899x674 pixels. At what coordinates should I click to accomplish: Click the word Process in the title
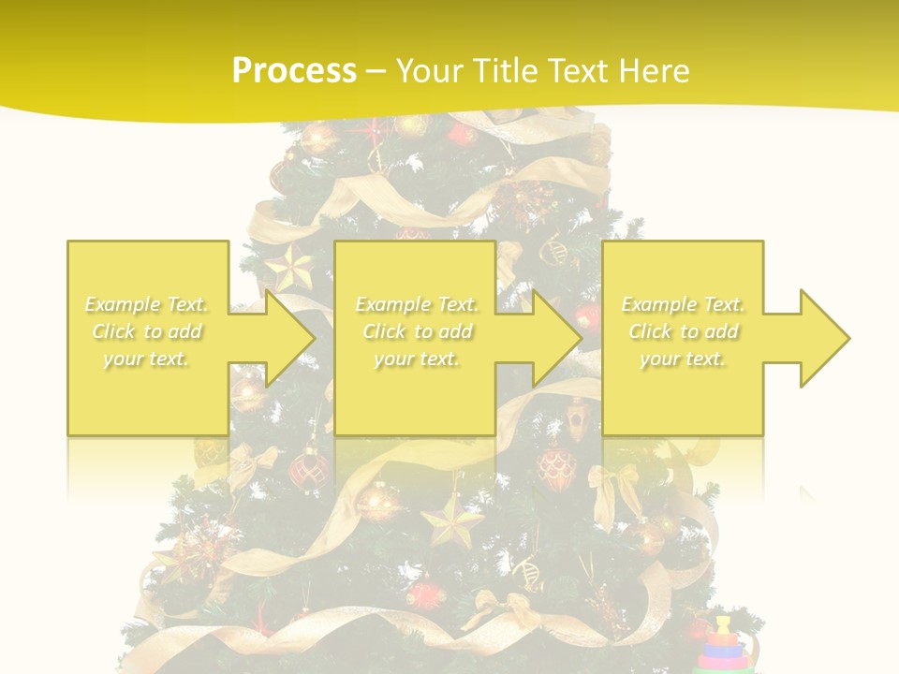294,71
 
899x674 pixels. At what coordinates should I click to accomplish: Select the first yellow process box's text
146,331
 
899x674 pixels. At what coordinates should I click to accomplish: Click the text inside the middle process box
416,331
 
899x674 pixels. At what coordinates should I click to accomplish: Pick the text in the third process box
683,331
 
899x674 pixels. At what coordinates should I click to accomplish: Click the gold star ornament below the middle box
453,520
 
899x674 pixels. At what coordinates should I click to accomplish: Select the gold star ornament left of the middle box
290,266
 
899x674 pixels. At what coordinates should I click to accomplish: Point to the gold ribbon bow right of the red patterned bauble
614,482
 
